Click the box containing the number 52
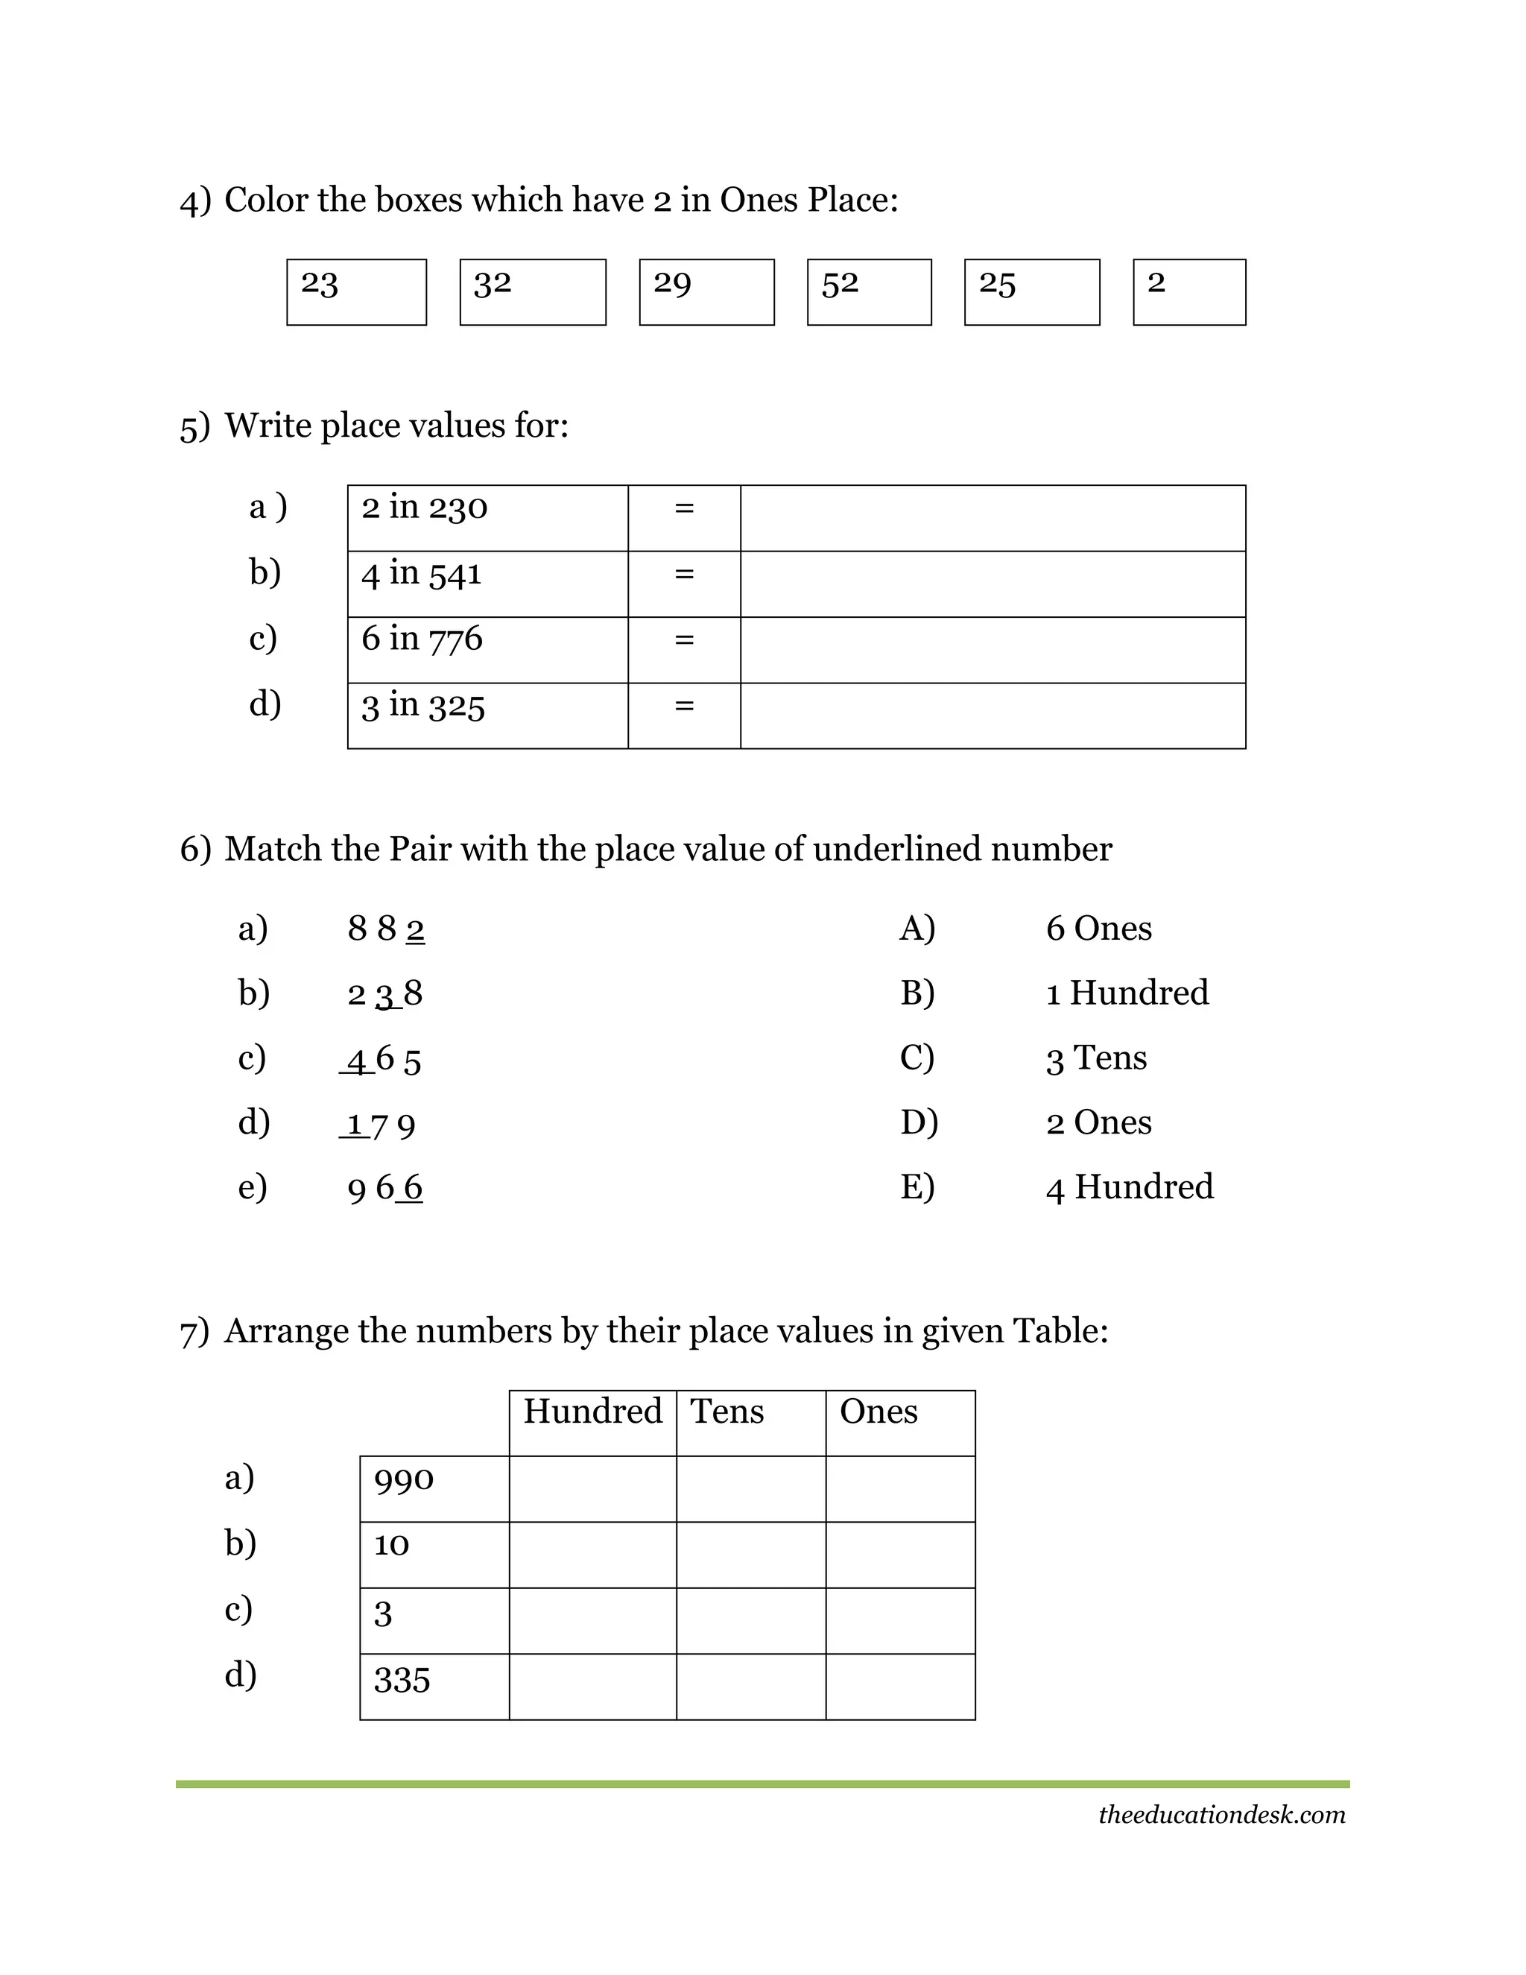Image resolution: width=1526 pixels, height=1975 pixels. (x=869, y=291)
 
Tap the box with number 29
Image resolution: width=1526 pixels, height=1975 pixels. (x=706, y=291)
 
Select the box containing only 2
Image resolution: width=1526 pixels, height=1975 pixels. (x=1188, y=291)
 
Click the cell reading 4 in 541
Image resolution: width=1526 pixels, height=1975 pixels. (x=487, y=584)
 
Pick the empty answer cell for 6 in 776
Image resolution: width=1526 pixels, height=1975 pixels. (x=992, y=649)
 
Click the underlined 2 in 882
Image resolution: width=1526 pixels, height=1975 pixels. (x=415, y=929)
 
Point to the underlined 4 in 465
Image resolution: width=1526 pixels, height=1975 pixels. (x=358, y=1059)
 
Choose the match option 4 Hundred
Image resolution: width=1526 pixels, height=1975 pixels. (x=1129, y=1186)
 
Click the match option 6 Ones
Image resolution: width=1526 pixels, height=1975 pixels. (x=1098, y=929)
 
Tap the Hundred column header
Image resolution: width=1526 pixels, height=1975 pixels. (x=592, y=1412)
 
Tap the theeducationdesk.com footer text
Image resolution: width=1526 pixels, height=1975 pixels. (x=1221, y=1814)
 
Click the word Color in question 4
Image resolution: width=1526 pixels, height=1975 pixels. (x=267, y=200)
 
